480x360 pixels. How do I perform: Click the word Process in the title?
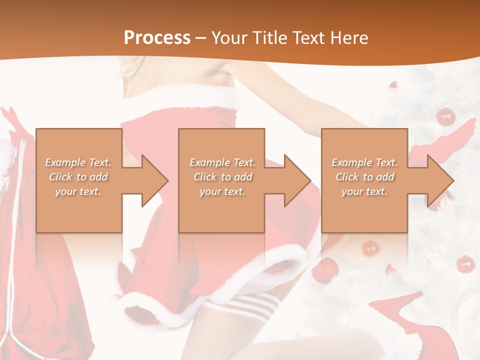tap(157, 37)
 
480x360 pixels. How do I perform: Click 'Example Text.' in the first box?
tap(78, 162)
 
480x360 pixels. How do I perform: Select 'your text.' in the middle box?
tap(222, 191)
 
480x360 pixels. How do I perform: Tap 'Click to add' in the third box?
tap(365, 177)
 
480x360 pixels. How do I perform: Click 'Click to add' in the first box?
tap(78, 177)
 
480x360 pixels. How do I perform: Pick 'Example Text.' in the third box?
tap(365, 162)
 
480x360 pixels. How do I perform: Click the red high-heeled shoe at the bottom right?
tap(400, 320)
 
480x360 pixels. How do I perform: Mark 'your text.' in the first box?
tap(78, 191)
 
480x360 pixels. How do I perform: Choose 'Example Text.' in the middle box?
tap(222, 162)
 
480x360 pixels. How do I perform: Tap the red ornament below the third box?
tap(370, 247)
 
